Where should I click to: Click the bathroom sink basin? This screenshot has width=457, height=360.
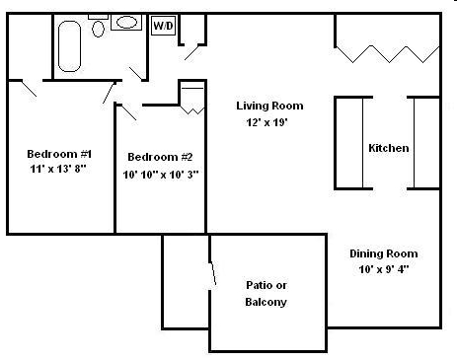[126, 22]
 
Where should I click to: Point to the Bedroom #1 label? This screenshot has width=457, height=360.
[59, 154]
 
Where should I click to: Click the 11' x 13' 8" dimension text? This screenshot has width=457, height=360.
[59, 170]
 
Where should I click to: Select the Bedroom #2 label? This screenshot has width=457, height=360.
[160, 158]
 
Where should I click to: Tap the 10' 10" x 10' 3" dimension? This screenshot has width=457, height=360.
[160, 175]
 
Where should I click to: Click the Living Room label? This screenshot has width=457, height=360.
[269, 106]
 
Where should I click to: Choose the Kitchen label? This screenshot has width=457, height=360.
[388, 148]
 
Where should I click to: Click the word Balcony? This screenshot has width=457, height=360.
[266, 302]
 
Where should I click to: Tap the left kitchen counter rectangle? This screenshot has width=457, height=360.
[350, 142]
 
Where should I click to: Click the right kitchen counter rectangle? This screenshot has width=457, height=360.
[425, 142]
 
